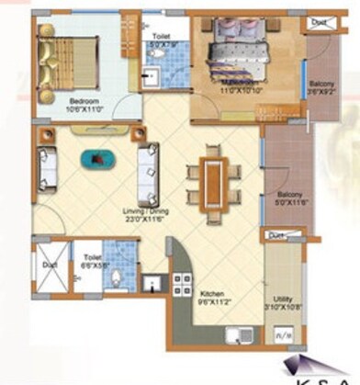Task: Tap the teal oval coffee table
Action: point(95,159)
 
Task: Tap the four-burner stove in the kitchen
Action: point(184,280)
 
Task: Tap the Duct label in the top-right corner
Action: point(318,21)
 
